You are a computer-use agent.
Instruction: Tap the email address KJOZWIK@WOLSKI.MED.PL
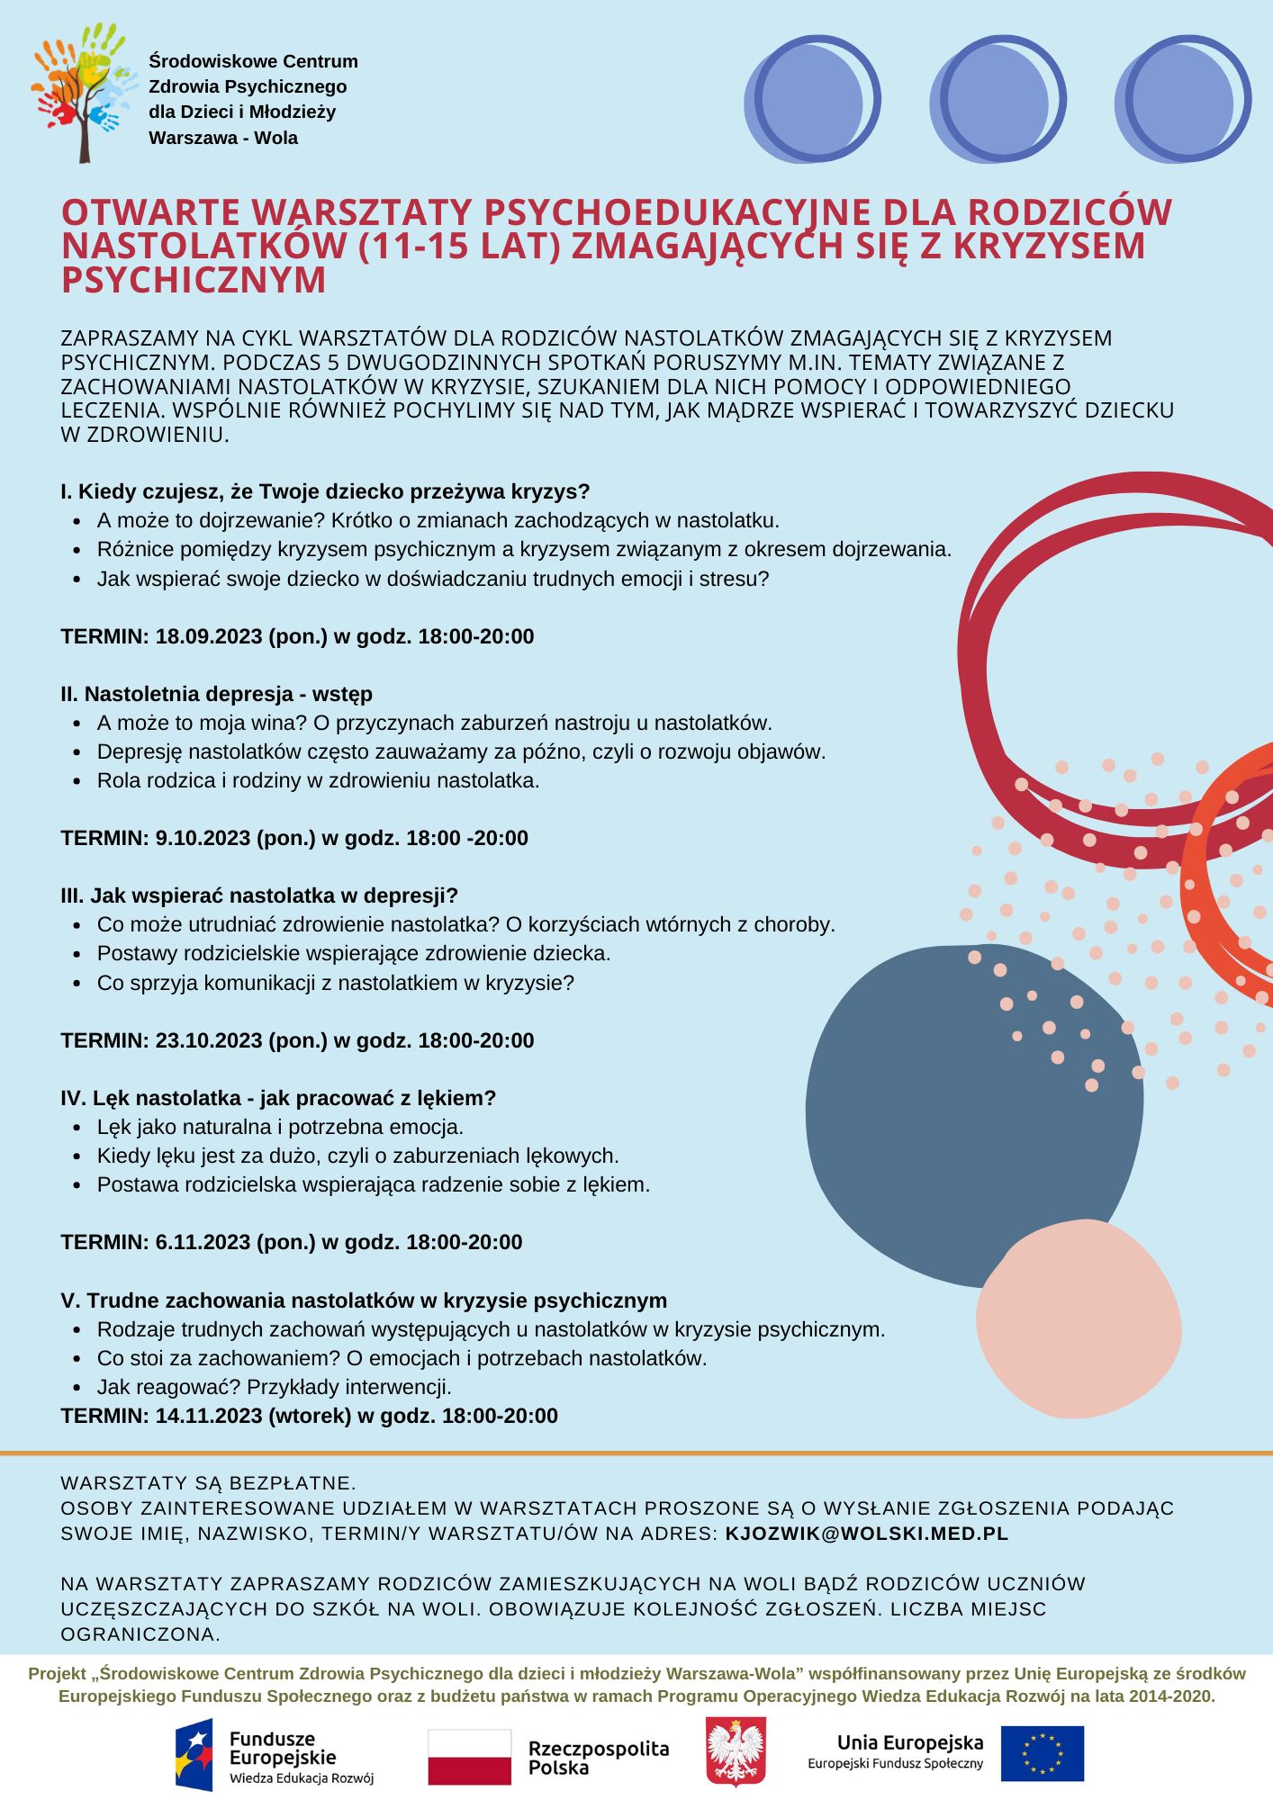click(866, 1534)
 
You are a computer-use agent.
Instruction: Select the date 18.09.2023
click(209, 636)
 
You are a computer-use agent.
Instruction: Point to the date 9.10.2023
click(203, 838)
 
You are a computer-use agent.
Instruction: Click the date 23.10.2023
click(209, 1040)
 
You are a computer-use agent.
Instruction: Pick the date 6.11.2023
click(203, 1242)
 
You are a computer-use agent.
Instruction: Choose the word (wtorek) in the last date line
click(310, 1416)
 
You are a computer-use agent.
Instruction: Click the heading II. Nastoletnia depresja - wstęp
click(216, 694)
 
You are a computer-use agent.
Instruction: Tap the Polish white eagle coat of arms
click(736, 1751)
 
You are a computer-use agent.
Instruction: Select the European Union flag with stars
click(1043, 1753)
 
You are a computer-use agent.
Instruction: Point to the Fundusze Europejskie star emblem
click(194, 1755)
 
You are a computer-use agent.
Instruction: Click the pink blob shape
click(1079, 1318)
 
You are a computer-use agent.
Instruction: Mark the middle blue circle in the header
click(998, 99)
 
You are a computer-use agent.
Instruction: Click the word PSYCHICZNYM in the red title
click(194, 280)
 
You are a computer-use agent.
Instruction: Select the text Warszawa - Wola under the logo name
click(223, 138)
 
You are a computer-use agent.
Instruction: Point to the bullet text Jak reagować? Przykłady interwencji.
click(275, 1387)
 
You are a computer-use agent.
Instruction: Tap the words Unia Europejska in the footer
click(909, 1743)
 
